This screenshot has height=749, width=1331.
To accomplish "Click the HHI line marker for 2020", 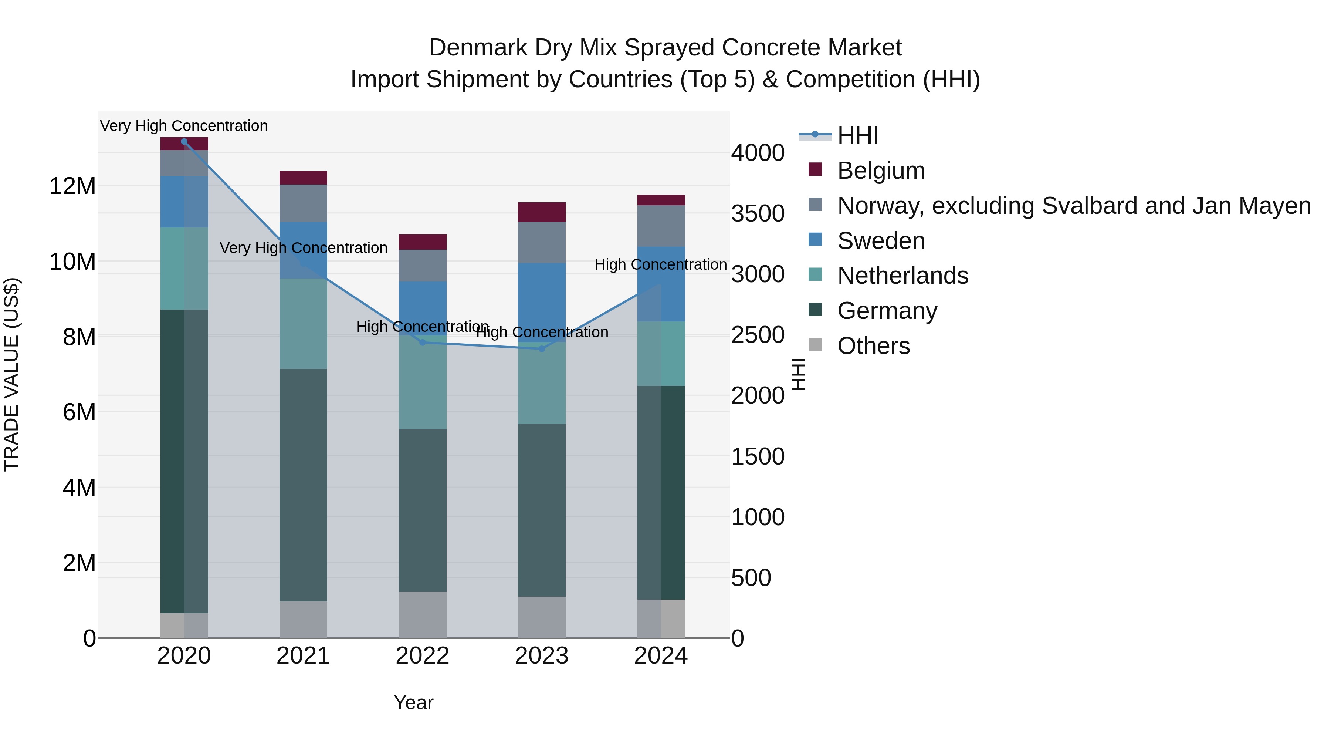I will [x=184, y=141].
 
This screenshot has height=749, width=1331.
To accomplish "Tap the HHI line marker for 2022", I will [x=422, y=342].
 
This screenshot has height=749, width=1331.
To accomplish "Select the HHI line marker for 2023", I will [x=542, y=349].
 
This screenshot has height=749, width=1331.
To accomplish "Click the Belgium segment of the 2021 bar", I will [x=303, y=178].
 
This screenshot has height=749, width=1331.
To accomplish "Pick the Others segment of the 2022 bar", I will [x=422, y=615].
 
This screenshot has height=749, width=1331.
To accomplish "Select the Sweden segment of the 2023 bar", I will [x=542, y=303].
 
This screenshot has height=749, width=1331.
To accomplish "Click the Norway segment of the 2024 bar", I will [x=661, y=226].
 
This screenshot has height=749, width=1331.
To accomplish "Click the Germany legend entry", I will [x=887, y=311].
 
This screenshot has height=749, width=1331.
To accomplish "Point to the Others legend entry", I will [x=873, y=346].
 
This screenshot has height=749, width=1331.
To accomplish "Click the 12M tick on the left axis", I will [x=72, y=186].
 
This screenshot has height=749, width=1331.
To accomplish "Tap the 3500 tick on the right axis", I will [x=758, y=213].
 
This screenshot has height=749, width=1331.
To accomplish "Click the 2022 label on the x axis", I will [x=422, y=656].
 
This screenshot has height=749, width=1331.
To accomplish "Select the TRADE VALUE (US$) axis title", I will [x=11, y=374].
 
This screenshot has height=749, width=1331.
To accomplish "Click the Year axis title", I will [x=413, y=702].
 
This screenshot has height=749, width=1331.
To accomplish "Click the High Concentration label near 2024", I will [x=660, y=265].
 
